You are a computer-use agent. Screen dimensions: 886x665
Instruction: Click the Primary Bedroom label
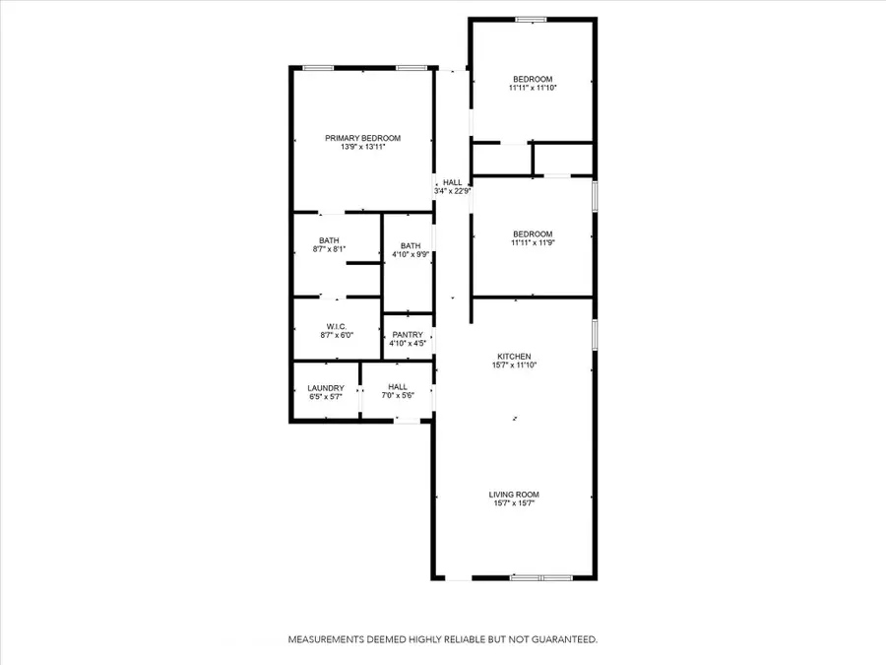(362, 138)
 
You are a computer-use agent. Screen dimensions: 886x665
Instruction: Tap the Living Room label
(514, 495)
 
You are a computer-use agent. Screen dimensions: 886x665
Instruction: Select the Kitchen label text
(514, 357)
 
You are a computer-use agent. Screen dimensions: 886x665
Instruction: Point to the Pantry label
(408, 335)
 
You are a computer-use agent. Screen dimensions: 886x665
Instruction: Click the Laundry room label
(326, 388)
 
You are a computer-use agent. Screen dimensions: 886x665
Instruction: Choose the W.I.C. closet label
(337, 326)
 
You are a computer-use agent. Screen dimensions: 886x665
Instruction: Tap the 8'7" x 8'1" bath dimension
(329, 249)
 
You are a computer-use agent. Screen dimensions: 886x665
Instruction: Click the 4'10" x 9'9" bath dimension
(411, 254)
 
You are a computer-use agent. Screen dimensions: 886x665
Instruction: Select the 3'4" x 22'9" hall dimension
(453, 191)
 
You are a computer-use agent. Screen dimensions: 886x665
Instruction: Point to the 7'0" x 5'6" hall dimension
(398, 395)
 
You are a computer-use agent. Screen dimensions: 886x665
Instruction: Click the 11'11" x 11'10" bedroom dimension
(533, 88)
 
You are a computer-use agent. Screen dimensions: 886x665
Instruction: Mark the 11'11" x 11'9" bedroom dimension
(533, 242)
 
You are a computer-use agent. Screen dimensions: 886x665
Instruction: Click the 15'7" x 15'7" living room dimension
(514, 502)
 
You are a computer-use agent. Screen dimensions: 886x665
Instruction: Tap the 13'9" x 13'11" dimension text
(362, 147)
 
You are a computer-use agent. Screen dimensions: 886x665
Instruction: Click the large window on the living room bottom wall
(541, 578)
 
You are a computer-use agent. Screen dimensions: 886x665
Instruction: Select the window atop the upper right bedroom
(532, 20)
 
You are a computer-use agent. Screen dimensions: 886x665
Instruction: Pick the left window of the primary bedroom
(318, 68)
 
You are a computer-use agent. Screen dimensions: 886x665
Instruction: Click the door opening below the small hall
(407, 420)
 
